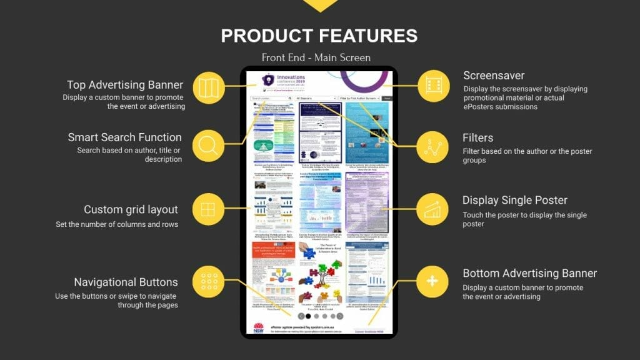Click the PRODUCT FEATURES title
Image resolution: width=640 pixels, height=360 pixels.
[x=319, y=36]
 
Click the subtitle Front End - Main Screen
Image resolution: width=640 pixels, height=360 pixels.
[x=316, y=57]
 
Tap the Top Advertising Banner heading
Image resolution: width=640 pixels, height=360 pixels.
[x=125, y=85]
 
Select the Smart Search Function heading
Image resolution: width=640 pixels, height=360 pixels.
[x=124, y=137]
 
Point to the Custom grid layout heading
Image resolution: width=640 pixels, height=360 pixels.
[x=131, y=209]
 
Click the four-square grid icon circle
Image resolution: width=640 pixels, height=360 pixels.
[x=209, y=209]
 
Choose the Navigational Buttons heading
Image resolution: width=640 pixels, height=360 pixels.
[x=126, y=282]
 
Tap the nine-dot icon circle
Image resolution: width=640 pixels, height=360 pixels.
[x=209, y=281]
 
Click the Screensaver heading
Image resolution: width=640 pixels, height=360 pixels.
[x=494, y=76]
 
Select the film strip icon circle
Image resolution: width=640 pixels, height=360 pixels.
[x=433, y=86]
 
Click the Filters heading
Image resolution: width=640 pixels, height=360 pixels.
[x=478, y=137]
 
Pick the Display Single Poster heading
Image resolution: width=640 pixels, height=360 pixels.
[x=515, y=201]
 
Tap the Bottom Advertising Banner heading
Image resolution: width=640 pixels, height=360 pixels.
[x=529, y=273]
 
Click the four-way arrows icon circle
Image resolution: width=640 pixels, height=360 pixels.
[x=433, y=281]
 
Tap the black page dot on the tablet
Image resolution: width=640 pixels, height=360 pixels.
[x=308, y=316]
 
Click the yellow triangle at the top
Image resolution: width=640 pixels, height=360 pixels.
[x=319, y=5]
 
